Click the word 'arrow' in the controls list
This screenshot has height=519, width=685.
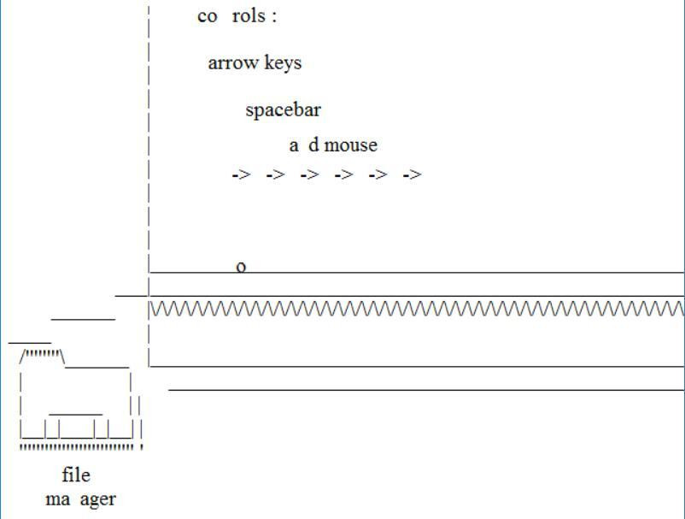point(229,63)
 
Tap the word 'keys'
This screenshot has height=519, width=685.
point(283,63)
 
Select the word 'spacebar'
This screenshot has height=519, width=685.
point(283,110)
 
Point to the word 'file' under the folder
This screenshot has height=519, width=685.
point(76,475)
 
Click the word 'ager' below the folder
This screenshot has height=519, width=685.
point(97,499)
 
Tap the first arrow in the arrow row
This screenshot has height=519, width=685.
point(241,174)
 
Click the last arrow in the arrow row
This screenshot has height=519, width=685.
point(412,174)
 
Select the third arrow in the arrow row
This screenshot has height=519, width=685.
point(309,174)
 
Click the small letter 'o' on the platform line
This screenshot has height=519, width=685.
point(241,267)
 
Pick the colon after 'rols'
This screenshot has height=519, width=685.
point(273,17)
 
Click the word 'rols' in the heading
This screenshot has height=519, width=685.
point(249,16)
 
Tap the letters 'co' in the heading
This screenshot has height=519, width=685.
point(208,17)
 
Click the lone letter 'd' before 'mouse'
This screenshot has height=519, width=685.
point(313,145)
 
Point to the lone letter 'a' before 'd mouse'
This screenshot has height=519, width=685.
point(294,146)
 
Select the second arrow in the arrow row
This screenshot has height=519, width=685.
point(275,174)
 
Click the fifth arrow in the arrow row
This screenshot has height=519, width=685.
point(378,174)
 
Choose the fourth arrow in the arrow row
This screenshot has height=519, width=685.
point(343,174)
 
